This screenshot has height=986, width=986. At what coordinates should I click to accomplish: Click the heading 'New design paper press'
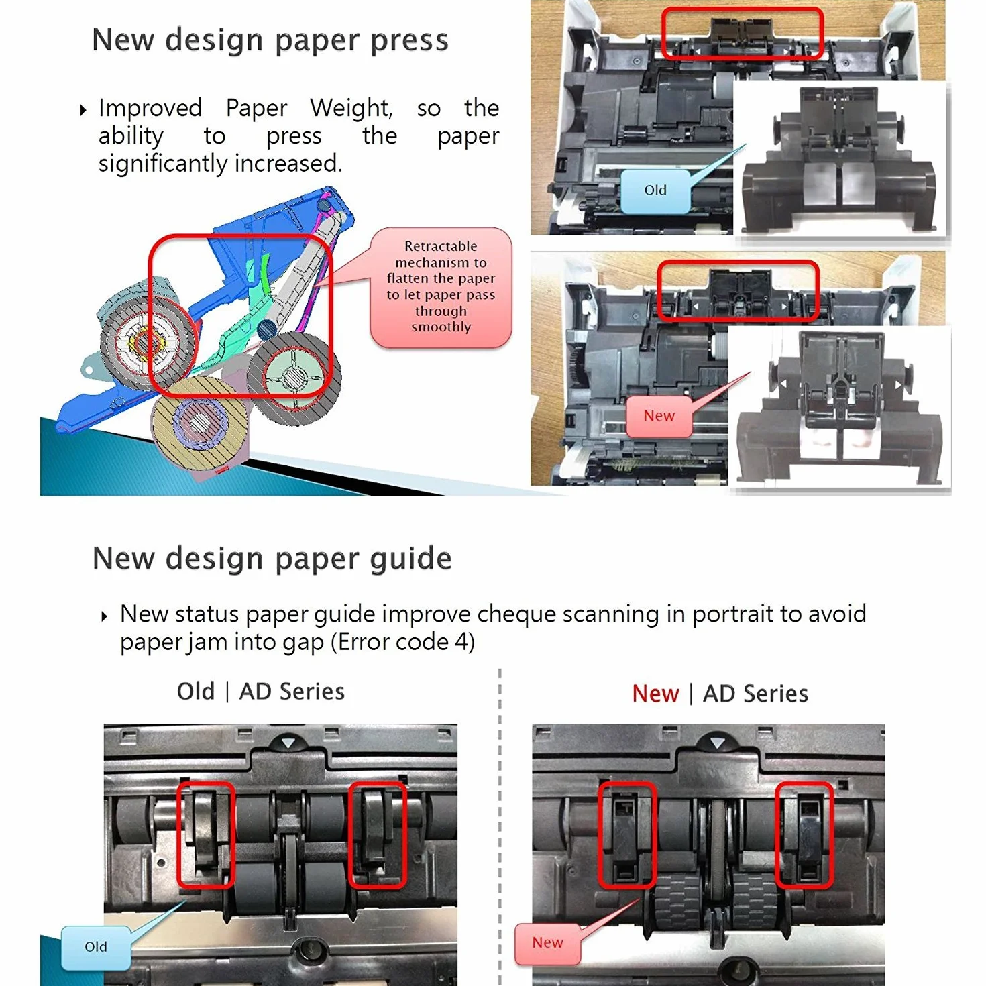pyautogui.click(x=270, y=40)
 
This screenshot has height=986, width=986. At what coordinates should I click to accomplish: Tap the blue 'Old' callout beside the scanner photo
pyautogui.click(x=655, y=190)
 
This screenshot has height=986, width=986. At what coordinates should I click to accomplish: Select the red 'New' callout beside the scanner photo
pyautogui.click(x=659, y=415)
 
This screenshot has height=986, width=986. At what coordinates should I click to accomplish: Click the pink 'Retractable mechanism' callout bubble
pyautogui.click(x=441, y=287)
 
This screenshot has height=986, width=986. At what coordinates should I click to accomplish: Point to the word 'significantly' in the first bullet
pyautogui.click(x=163, y=164)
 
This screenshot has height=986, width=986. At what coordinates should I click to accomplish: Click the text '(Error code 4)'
pyautogui.click(x=402, y=642)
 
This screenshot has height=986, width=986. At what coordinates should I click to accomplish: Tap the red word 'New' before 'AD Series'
pyautogui.click(x=655, y=694)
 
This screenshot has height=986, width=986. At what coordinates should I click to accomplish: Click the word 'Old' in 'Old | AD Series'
pyautogui.click(x=195, y=692)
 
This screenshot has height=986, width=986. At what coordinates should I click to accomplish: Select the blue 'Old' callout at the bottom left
pyautogui.click(x=96, y=946)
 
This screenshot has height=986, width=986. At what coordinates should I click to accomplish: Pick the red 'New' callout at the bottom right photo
pyautogui.click(x=547, y=942)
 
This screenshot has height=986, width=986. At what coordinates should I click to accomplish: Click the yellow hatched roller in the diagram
pyautogui.click(x=201, y=424)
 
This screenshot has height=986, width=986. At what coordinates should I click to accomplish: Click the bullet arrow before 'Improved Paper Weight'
pyautogui.click(x=83, y=109)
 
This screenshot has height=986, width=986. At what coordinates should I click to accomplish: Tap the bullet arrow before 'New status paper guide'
pyautogui.click(x=105, y=616)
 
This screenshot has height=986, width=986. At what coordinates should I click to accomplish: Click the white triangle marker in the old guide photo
pyautogui.click(x=288, y=742)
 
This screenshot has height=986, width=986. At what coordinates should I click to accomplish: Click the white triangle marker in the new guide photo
pyautogui.click(x=718, y=743)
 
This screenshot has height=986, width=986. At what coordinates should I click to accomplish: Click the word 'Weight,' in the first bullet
pyautogui.click(x=351, y=108)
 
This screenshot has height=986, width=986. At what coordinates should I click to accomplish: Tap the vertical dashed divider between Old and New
pyautogui.click(x=500, y=827)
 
